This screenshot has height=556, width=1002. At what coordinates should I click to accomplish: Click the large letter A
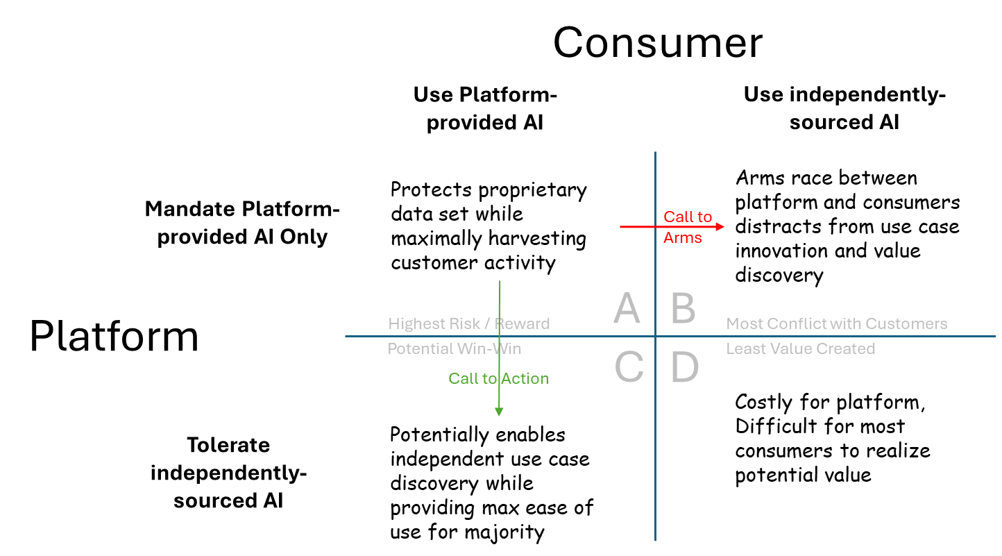627,308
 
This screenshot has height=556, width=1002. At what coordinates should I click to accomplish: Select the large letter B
683,308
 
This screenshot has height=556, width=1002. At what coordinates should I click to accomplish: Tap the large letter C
629,367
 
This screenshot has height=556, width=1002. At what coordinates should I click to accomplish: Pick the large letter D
684,367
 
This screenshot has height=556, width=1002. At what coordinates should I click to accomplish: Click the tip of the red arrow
724,226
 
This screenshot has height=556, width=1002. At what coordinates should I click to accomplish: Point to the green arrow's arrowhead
499,412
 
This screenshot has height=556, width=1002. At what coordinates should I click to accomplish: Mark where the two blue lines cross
655,337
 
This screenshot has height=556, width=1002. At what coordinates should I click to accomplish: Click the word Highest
412,324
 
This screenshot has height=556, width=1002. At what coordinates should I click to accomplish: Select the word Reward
522,324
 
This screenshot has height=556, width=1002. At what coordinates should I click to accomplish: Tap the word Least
744,348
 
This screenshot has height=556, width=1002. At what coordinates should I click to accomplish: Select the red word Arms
683,238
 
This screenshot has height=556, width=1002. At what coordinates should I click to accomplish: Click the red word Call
677,217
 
